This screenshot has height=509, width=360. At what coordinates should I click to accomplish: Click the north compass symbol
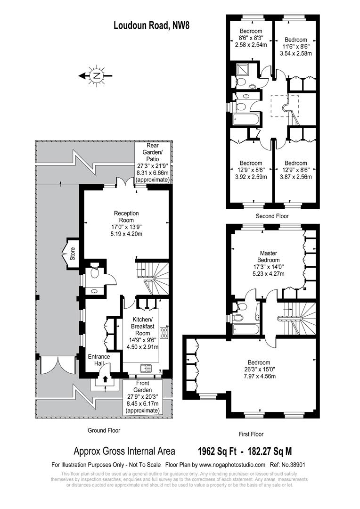(96, 75)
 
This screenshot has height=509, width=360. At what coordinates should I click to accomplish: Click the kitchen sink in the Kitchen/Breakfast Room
(145, 368)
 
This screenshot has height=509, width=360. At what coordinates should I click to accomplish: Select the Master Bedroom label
(268, 256)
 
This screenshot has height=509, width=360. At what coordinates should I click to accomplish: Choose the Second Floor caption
(272, 216)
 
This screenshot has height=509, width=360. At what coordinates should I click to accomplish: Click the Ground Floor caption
(104, 430)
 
